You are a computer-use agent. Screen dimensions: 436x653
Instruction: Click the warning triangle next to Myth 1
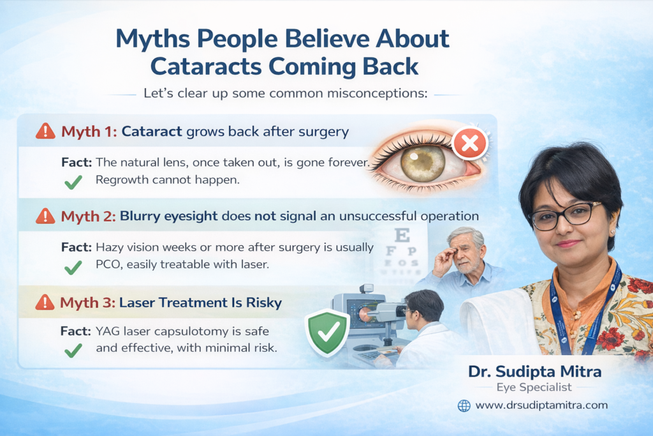[45, 132]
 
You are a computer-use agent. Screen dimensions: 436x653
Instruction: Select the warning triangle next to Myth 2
[45, 216]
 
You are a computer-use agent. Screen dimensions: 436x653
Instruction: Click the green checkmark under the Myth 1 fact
[73, 181]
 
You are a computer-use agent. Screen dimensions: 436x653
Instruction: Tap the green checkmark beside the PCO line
[73, 266]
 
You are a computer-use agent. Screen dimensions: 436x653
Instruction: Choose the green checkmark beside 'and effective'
[73, 350]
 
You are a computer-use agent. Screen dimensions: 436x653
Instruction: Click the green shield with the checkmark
[327, 332]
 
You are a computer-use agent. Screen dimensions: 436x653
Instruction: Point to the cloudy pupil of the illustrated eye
[423, 163]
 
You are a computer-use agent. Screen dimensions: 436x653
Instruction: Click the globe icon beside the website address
[464, 405]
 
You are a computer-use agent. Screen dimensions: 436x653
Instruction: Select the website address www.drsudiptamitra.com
[541, 405]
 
